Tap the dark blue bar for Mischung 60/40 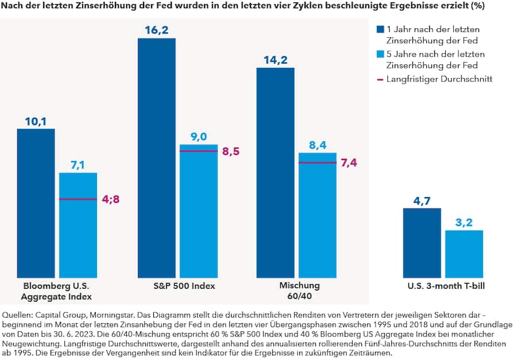point(275,172)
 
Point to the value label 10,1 point(36,121)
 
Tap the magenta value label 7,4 point(349,163)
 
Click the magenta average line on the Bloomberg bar point(78,199)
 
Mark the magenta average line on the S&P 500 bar point(199,151)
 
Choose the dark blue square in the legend point(380,29)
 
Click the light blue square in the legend point(380,54)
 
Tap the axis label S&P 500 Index point(184,285)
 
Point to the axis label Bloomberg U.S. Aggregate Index point(56,291)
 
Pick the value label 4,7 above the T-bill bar point(422,202)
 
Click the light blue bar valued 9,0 point(199,212)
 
